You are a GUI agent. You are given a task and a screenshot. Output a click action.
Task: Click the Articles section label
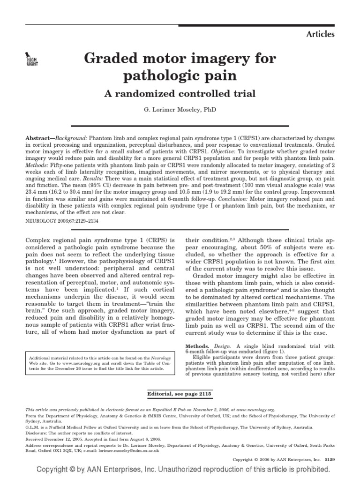pos(320,34)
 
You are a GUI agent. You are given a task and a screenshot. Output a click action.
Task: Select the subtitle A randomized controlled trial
pos(180,93)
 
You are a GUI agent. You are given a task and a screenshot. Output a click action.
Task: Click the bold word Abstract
pos(38,140)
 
